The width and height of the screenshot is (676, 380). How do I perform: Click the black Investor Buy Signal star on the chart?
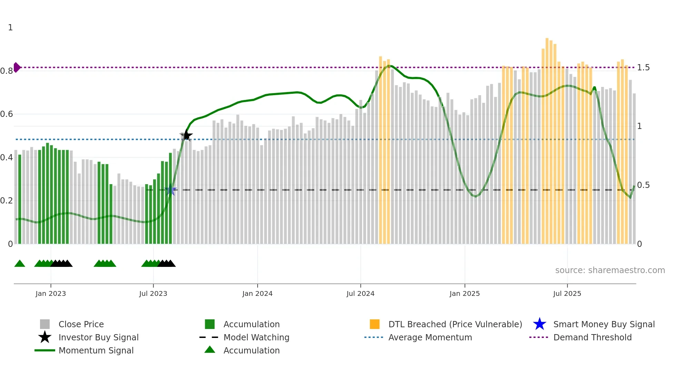(x=186, y=136)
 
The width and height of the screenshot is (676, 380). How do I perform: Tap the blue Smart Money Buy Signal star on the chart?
(x=170, y=190)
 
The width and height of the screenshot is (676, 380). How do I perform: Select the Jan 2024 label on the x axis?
(x=257, y=293)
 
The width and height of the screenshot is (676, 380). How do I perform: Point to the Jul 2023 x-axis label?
(x=153, y=293)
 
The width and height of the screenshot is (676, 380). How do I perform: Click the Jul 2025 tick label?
(x=567, y=293)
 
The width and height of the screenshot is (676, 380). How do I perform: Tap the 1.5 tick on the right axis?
(x=643, y=68)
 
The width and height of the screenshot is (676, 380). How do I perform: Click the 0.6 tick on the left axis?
(x=7, y=114)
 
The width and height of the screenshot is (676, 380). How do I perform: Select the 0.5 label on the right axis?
(x=643, y=185)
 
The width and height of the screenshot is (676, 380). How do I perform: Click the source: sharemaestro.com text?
(x=610, y=270)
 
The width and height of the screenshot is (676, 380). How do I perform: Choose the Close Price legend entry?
(x=81, y=324)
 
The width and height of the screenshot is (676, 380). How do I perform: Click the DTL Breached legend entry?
(x=455, y=324)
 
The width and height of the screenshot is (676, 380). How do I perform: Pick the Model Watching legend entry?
(x=256, y=337)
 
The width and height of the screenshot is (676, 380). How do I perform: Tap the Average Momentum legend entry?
(x=430, y=337)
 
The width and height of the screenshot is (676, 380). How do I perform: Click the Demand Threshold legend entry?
(x=592, y=337)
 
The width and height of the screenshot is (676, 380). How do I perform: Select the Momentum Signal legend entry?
(x=96, y=350)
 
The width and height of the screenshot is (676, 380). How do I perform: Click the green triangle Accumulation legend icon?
(x=210, y=350)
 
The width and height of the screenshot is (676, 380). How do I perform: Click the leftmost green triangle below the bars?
(x=20, y=264)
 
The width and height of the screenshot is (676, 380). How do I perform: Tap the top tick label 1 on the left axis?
(x=10, y=28)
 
